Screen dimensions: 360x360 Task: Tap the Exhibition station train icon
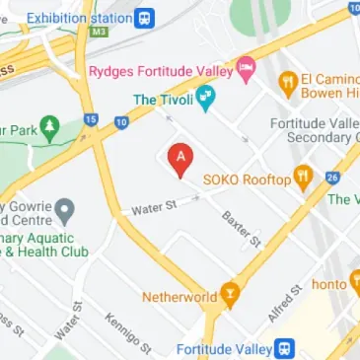point(145,18)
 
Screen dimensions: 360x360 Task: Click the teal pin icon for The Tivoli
point(205,98)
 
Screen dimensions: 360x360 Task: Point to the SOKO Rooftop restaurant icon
point(303,179)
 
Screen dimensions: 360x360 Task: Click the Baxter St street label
point(241,229)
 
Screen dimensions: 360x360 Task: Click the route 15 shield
point(91,120)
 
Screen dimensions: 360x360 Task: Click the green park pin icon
point(49,127)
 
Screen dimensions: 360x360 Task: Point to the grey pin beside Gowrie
point(65,209)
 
